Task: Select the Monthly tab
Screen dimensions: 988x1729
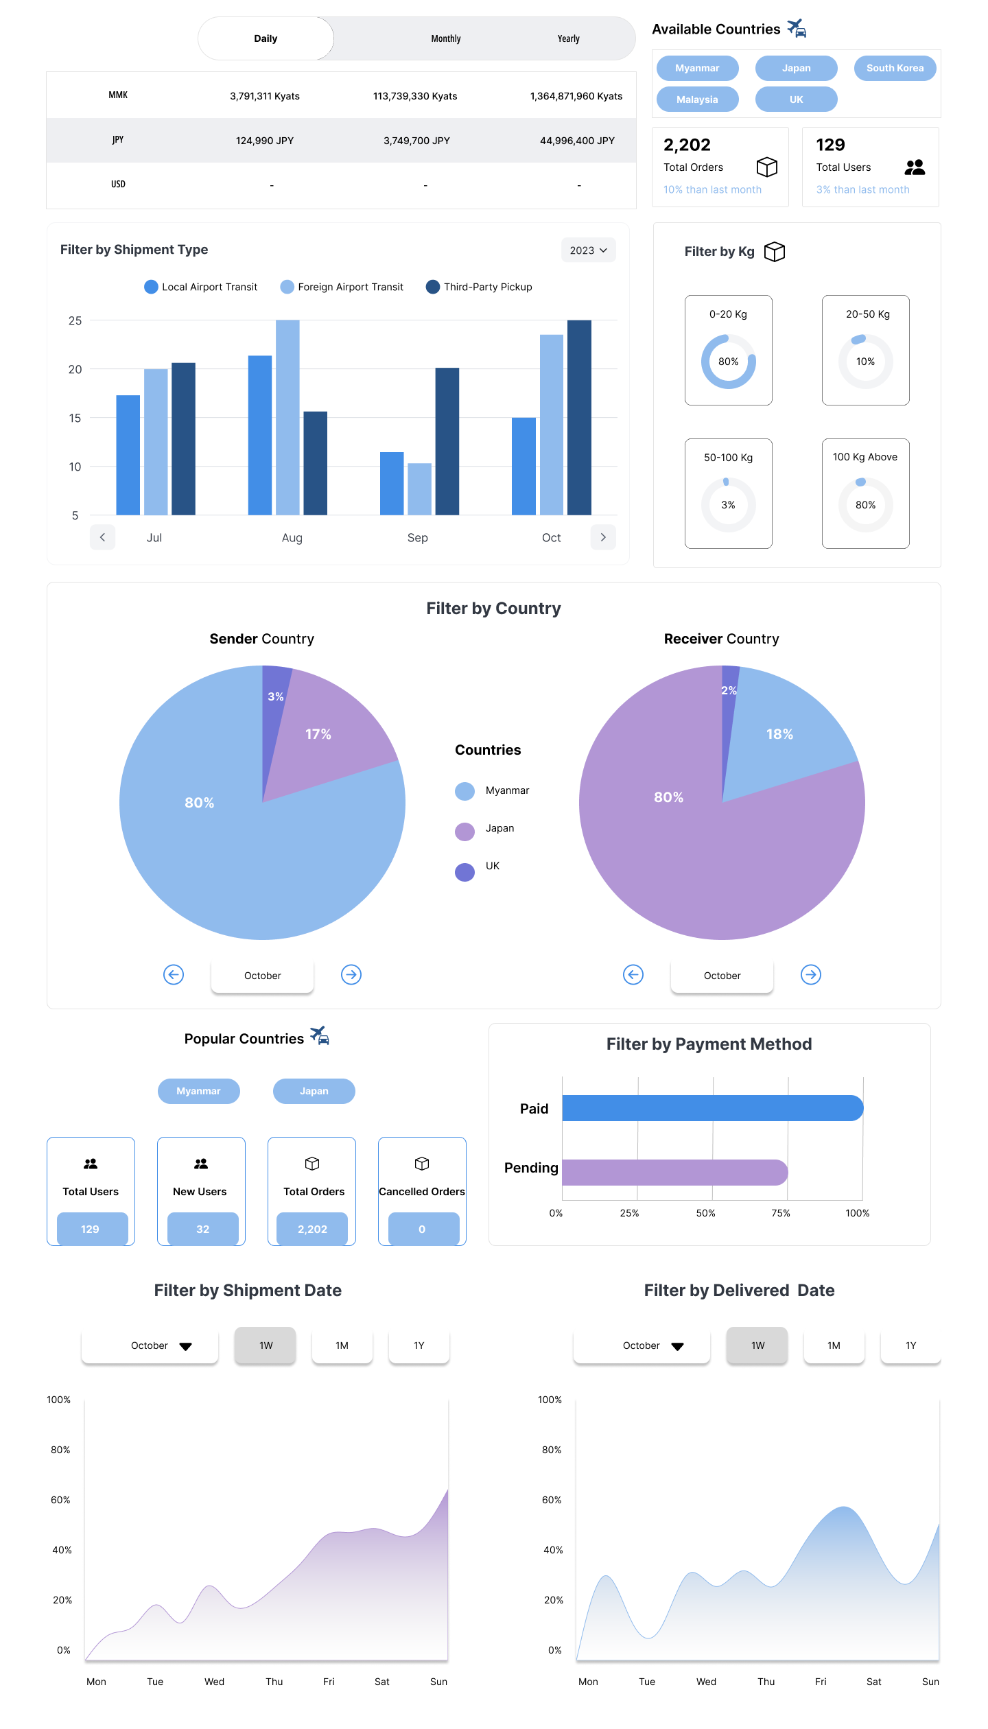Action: (446, 39)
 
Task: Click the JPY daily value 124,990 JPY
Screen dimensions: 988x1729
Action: (265, 141)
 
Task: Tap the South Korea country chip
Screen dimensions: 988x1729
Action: (895, 68)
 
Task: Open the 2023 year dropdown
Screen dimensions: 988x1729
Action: (588, 250)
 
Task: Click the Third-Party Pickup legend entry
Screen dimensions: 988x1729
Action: (479, 287)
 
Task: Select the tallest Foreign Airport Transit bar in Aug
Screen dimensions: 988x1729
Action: (287, 417)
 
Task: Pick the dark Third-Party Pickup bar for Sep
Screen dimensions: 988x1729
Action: (447, 441)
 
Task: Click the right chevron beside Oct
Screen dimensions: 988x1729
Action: (603, 537)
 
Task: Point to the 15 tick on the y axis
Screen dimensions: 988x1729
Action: (75, 418)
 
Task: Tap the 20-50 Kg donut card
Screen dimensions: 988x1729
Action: (865, 350)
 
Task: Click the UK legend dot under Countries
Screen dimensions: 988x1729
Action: (465, 872)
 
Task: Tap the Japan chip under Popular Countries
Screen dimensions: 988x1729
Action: (314, 1091)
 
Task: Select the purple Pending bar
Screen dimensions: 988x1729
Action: (675, 1173)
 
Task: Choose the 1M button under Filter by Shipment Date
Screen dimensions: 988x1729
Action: (342, 1345)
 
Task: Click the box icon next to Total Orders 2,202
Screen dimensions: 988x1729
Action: (767, 167)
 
